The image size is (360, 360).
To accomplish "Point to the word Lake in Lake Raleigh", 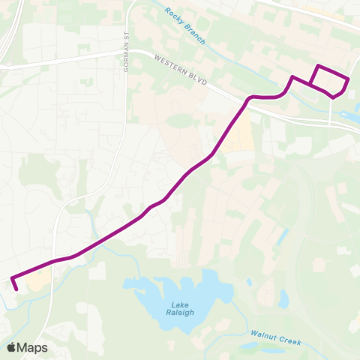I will [179, 304].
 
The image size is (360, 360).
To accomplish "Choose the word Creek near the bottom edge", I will [289, 341].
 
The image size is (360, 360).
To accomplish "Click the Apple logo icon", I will [12, 347].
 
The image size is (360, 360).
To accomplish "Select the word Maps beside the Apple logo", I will [33, 347].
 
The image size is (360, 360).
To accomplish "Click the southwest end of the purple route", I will [16, 288].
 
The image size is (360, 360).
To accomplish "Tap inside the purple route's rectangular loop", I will [328, 79].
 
